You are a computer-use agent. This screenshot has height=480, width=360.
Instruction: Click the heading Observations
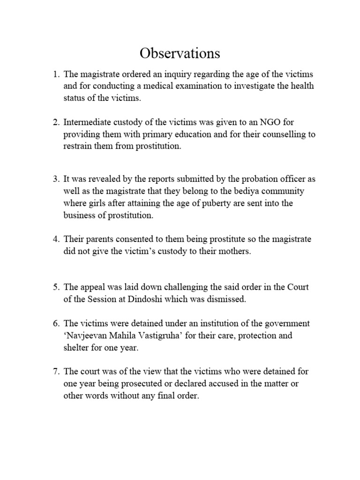[180, 53]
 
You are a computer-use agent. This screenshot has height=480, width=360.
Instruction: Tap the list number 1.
[55, 75]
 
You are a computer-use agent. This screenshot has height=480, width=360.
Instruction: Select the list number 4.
[55, 240]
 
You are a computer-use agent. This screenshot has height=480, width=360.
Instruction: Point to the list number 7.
[55, 372]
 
